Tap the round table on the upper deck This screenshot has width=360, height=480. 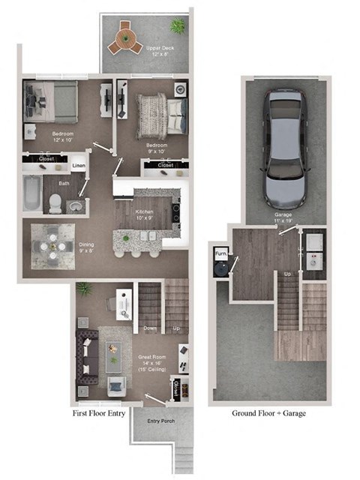point(124,41)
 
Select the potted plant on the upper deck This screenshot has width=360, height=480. point(177,26)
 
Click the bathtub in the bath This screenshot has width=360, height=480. point(32,194)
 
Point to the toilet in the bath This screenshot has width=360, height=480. point(56,200)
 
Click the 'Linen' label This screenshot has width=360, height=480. point(79,166)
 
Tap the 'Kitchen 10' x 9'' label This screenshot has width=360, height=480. point(144,216)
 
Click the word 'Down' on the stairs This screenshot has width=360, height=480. point(149,328)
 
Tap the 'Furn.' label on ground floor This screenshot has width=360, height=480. point(222,254)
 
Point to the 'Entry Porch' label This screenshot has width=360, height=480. point(160,421)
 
